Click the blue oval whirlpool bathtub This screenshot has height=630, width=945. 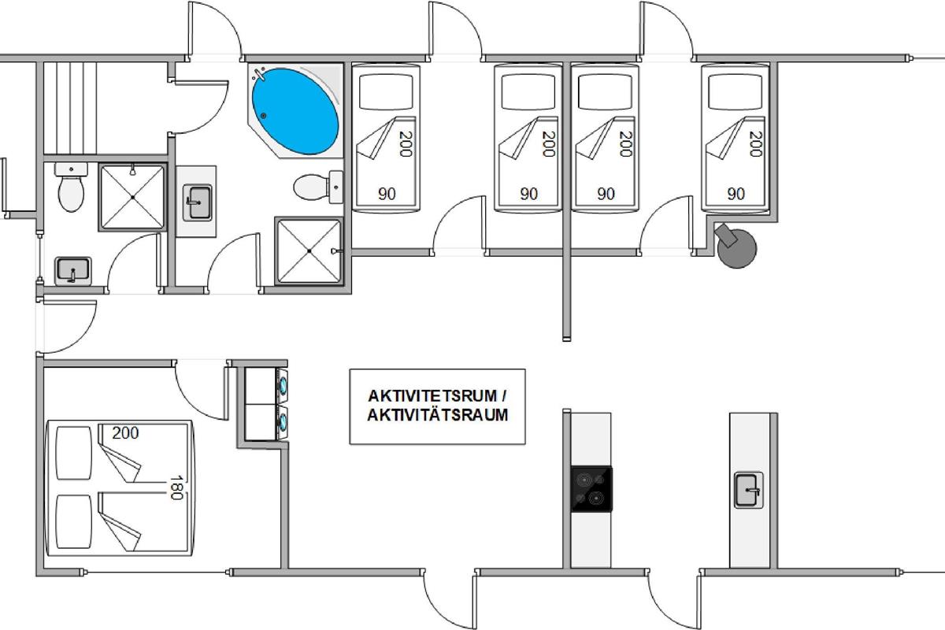[x=295, y=111]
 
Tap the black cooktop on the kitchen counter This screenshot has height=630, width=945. [x=591, y=489]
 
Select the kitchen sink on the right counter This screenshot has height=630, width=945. [x=748, y=490]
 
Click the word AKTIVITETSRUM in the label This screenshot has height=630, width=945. [x=432, y=396]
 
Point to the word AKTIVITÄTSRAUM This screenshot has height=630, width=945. [x=438, y=415]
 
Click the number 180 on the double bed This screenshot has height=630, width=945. [x=176, y=487]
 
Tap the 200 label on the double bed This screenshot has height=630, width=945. [x=125, y=433]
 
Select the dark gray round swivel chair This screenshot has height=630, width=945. [x=736, y=246]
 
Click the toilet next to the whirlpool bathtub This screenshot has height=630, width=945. [x=318, y=187]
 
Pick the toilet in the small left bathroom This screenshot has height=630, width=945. [x=71, y=187]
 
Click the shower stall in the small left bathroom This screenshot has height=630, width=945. [x=132, y=197]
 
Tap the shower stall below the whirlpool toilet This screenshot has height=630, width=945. [x=309, y=251]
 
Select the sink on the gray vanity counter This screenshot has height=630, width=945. [x=197, y=202]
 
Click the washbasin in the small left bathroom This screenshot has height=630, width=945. [x=72, y=270]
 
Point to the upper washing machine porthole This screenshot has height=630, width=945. [x=283, y=385]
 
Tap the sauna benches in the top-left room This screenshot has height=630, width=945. [x=70, y=108]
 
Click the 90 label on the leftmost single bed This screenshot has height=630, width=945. [x=387, y=194]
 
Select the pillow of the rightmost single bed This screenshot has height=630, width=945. [x=735, y=92]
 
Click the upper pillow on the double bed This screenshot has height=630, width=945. [x=74, y=453]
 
